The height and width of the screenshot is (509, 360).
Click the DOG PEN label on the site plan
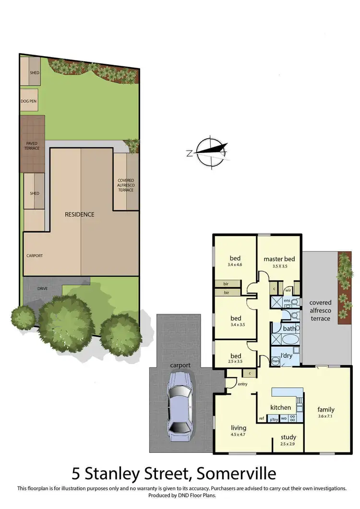coord(28,101)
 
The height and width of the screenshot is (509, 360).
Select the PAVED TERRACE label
coord(33,145)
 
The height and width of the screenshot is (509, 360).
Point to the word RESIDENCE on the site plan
coord(80,214)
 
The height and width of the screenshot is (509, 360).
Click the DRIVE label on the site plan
coord(43,288)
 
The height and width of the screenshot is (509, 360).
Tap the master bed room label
coord(279,259)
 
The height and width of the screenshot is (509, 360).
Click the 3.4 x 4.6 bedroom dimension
coord(235,264)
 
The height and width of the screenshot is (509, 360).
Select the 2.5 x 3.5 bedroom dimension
coord(235,363)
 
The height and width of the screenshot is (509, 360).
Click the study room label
coord(288,437)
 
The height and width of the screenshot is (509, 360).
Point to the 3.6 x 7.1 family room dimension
coord(326,416)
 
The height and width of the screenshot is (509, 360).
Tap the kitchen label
coord(280,408)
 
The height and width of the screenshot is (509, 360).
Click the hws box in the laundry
coord(276,361)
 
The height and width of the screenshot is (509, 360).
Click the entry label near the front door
coord(242,384)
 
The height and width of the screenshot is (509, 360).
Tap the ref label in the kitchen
coord(262,418)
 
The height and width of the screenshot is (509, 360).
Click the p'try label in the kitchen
coord(274,419)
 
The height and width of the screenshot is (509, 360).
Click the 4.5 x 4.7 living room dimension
coord(238,435)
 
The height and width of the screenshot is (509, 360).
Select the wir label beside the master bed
coord(288,290)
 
